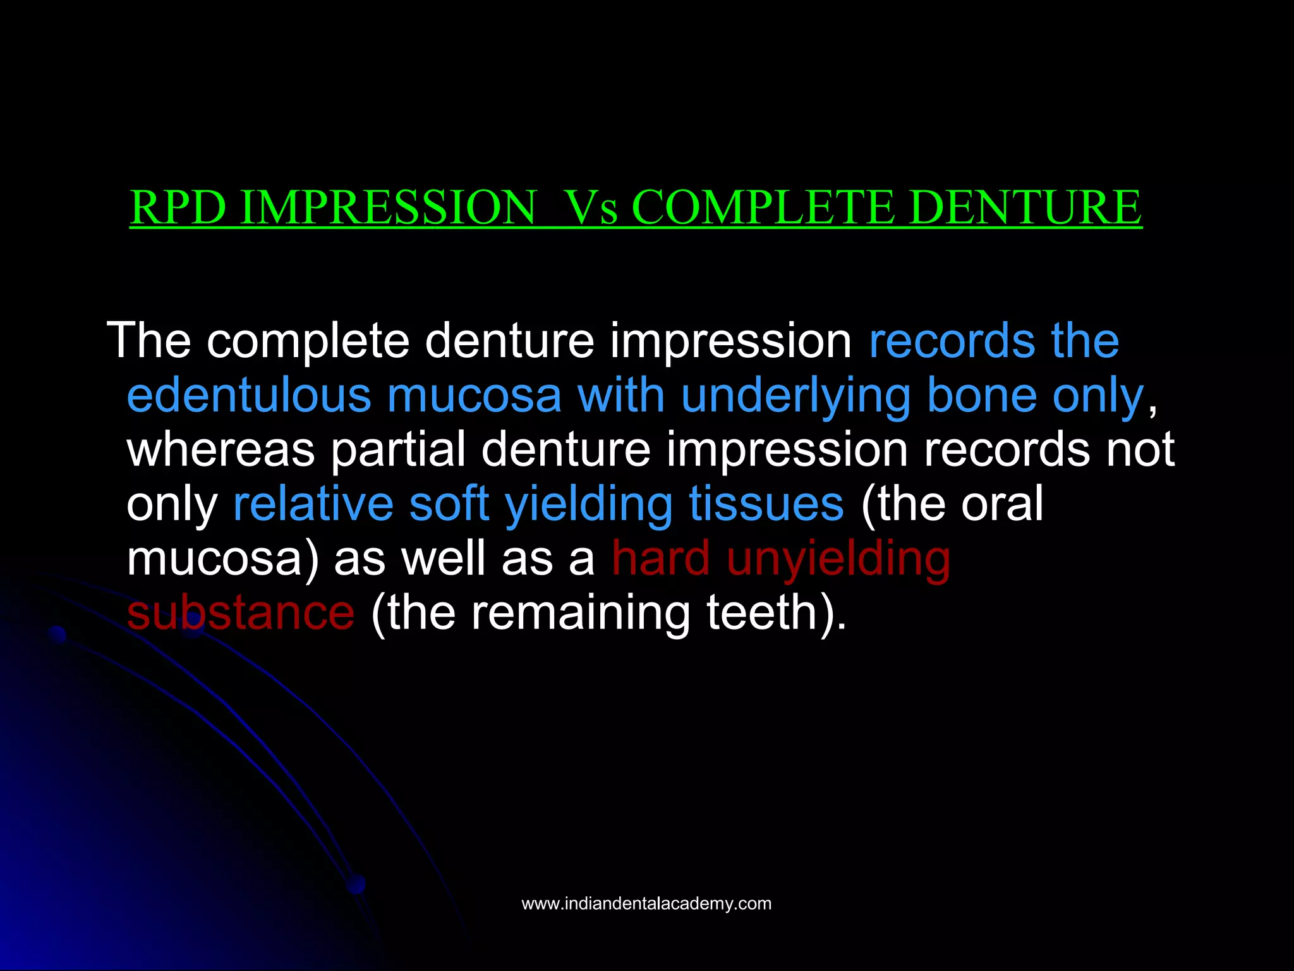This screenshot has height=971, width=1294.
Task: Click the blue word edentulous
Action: pos(248,396)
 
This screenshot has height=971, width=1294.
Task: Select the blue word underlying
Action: pos(795,396)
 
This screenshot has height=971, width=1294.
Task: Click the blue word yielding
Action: pos(588,504)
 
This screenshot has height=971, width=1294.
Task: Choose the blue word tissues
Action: pos(766,504)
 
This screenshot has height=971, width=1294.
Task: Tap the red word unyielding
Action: pos(838,559)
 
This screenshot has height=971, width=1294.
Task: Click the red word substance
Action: pos(241,613)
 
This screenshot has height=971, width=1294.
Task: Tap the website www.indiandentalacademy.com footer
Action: pos(646,904)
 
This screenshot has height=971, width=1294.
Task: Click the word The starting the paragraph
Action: pos(148,341)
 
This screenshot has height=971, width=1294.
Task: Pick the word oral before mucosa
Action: pos(1001,504)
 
